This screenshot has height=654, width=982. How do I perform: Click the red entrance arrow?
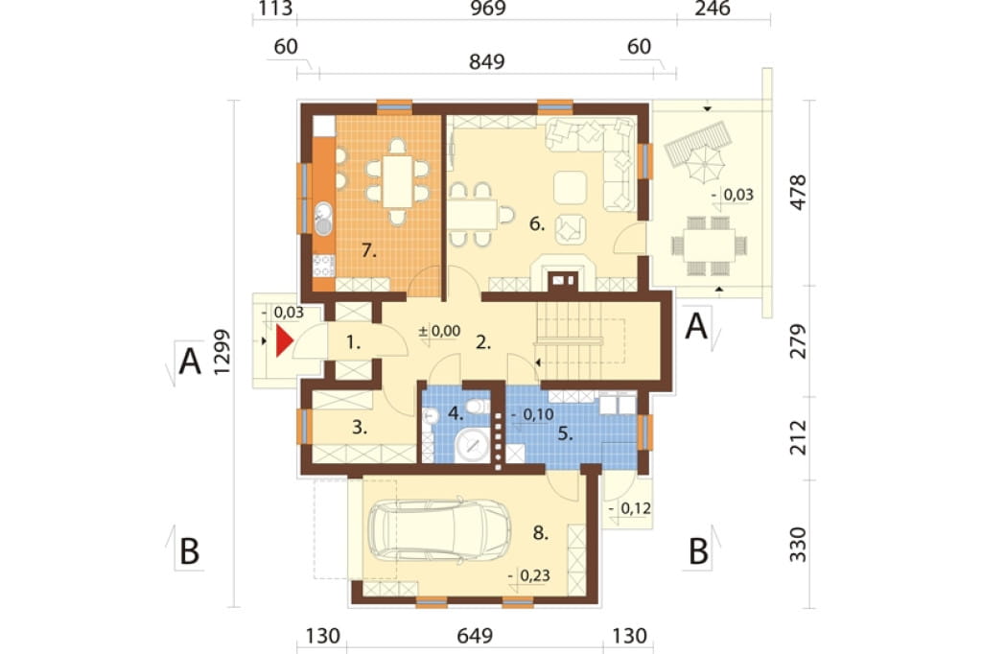(284, 341)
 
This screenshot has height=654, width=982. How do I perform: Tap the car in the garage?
(439, 529)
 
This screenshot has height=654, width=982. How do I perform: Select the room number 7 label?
(369, 250)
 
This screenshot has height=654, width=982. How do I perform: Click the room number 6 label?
(537, 223)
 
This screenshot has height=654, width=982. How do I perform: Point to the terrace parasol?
(704, 162)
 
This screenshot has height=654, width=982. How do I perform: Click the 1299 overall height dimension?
(222, 352)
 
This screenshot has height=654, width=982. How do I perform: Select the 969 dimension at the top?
(487, 9)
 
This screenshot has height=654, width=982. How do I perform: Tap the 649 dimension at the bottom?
(475, 636)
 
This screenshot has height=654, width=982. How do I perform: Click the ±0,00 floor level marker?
(439, 331)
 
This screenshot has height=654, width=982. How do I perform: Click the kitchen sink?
(322, 219)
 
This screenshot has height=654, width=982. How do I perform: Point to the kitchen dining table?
(398, 181)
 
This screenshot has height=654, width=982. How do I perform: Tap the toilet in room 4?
(478, 406)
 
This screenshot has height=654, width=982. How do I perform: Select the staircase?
(580, 340)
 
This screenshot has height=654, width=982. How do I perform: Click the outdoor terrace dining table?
(709, 245)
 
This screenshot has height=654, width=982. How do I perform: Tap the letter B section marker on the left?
(189, 551)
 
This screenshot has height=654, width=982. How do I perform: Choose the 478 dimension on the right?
(798, 193)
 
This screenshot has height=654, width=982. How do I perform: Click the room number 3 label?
(359, 428)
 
